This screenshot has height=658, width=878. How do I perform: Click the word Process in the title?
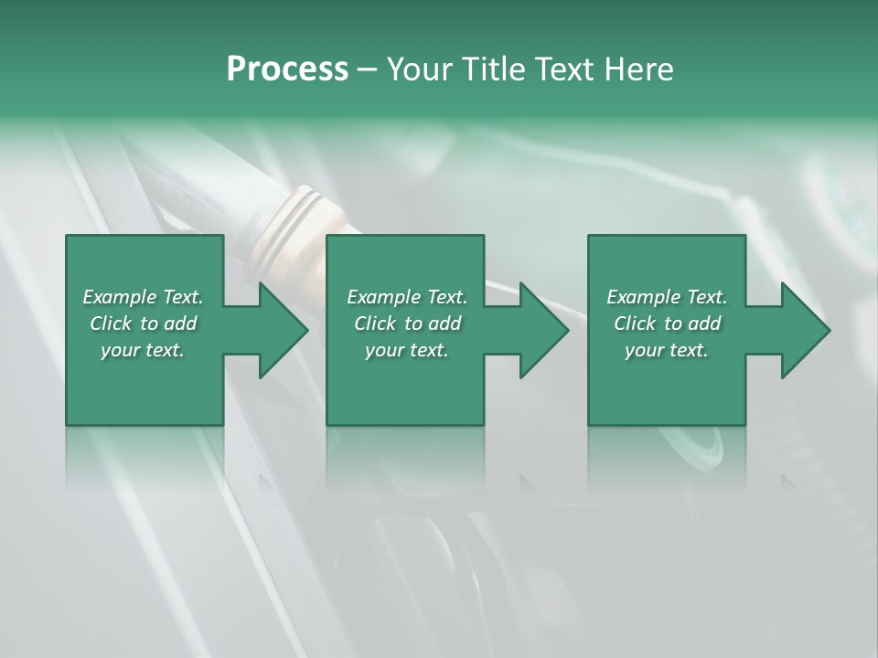(287, 69)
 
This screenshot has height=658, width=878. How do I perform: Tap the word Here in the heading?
(639, 69)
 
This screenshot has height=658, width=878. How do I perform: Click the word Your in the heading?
(420, 69)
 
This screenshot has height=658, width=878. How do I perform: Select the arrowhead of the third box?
(806, 330)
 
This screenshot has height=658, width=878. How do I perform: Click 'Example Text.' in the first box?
(143, 297)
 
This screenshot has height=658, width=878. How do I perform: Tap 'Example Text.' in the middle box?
(407, 297)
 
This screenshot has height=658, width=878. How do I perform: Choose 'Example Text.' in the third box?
(667, 297)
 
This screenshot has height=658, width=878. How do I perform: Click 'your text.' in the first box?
(143, 350)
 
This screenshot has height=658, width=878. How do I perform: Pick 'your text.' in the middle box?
(407, 350)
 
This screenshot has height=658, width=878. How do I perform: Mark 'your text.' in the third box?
(667, 350)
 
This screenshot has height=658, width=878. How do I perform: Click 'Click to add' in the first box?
(143, 324)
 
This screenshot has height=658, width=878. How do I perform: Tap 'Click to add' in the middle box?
(407, 324)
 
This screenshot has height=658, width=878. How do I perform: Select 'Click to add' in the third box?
(667, 324)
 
